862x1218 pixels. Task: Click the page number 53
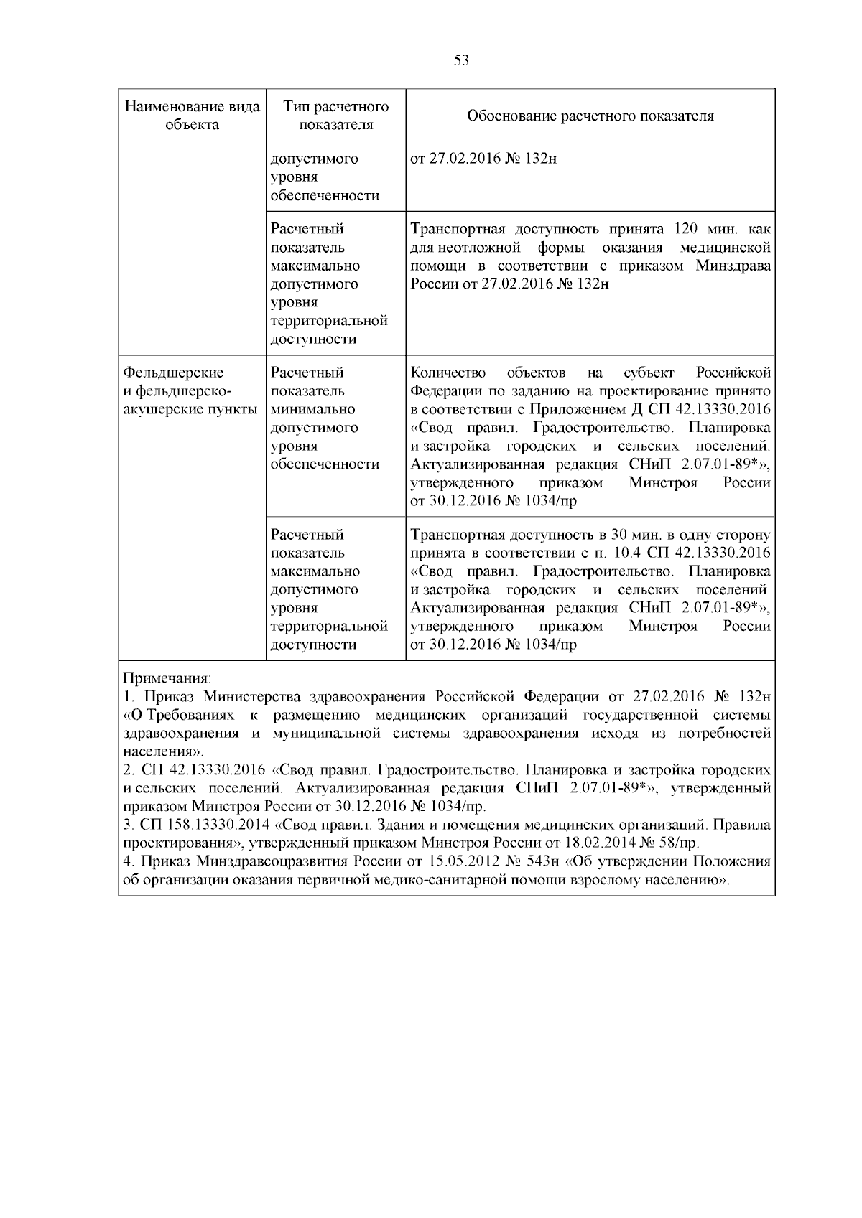[x=462, y=60]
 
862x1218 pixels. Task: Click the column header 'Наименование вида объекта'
[x=192, y=116]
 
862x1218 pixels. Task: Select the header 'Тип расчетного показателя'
[x=336, y=116]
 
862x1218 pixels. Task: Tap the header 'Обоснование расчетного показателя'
[x=590, y=116]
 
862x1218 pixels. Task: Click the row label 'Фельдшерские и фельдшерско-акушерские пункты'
[x=190, y=391]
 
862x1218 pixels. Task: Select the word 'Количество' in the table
[x=448, y=373]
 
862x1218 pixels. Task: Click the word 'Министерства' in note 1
[x=254, y=697]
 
